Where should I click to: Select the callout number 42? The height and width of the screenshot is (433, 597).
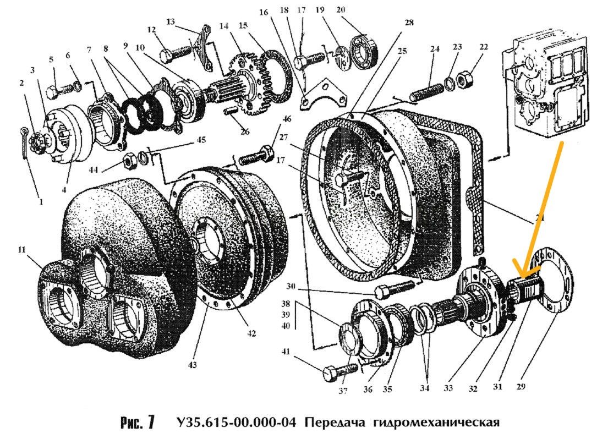coord(251,333)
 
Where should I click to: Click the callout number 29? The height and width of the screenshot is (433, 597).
coord(521,386)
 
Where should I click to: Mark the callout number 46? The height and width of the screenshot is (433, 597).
coord(287,118)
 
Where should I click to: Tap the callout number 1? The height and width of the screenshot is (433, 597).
coord(40,202)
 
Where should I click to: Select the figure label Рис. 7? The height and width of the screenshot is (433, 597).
coord(136,423)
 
